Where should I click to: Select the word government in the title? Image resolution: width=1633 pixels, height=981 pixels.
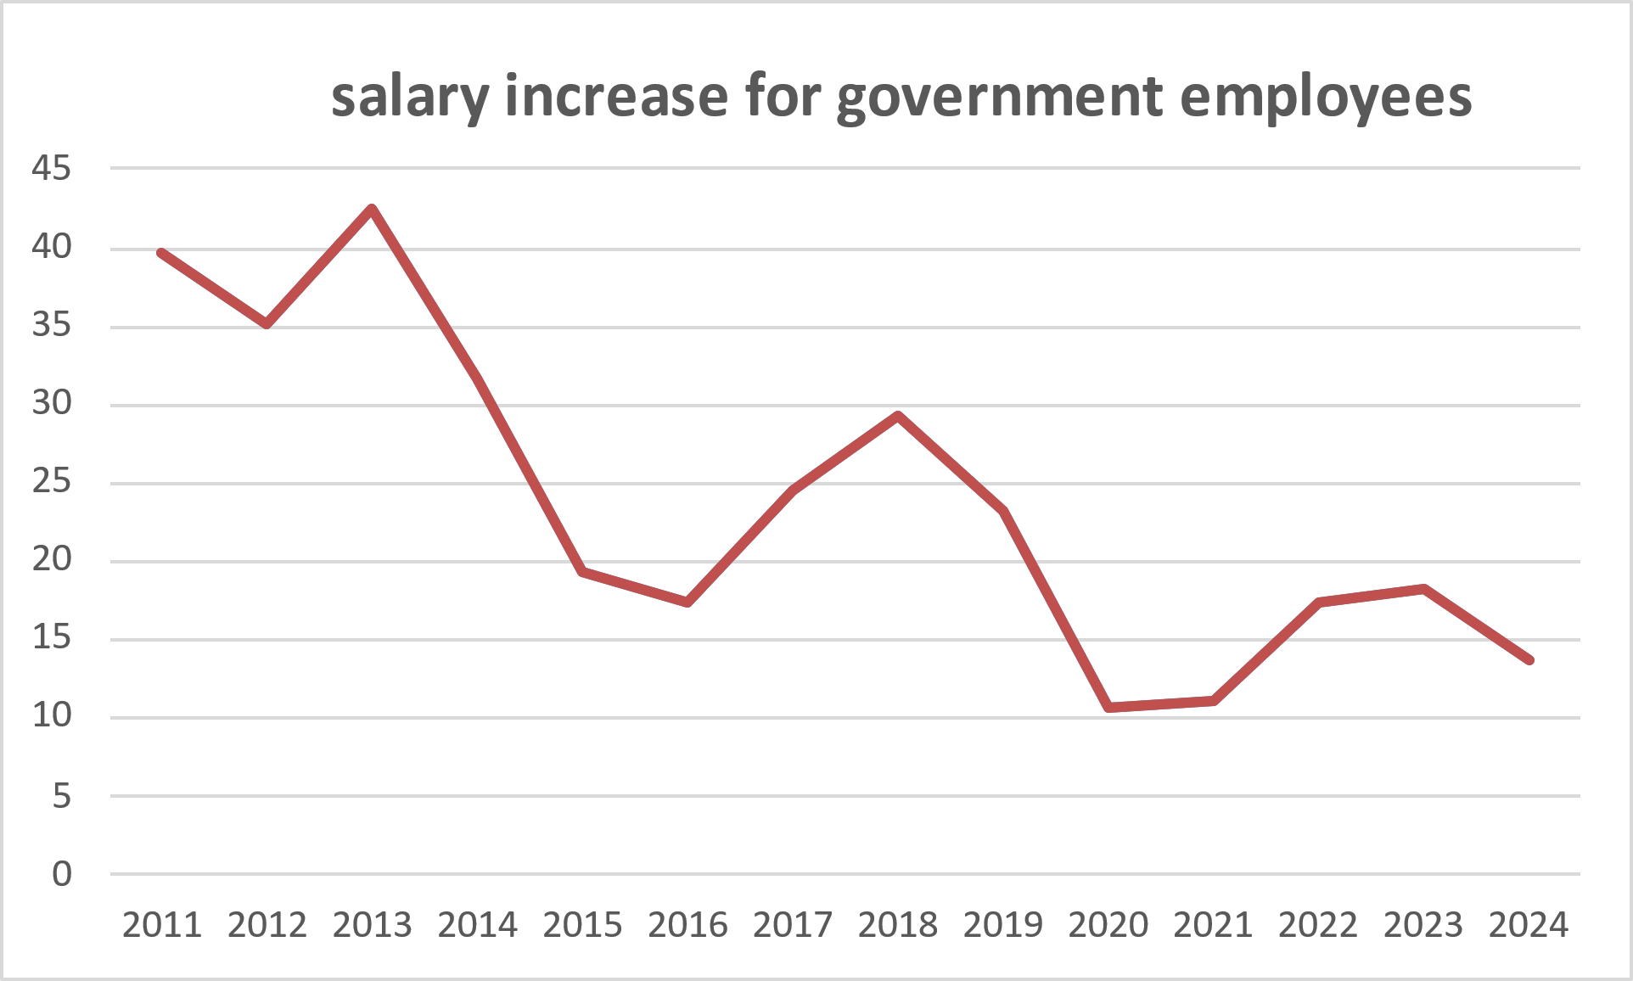pyautogui.click(x=998, y=97)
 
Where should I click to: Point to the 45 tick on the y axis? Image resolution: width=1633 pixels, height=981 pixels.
pyautogui.click(x=52, y=169)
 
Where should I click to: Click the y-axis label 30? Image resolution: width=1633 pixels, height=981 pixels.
pyautogui.click(x=52, y=403)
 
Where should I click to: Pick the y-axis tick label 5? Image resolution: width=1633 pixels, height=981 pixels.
pyautogui.click(x=61, y=796)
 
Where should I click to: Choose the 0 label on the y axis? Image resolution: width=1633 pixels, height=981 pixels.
pyautogui.click(x=61, y=874)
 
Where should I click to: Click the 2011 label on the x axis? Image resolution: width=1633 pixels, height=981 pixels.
pyautogui.click(x=162, y=925)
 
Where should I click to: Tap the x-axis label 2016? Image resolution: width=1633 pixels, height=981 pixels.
pyautogui.click(x=687, y=925)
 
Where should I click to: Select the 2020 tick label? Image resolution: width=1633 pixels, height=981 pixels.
pyautogui.click(x=1108, y=925)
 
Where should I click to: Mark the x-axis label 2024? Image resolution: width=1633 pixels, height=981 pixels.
pyautogui.click(x=1528, y=925)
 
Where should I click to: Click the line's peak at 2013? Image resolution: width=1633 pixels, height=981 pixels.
pyautogui.click(x=372, y=209)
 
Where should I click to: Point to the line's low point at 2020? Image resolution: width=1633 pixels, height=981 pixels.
pyautogui.click(x=1108, y=707)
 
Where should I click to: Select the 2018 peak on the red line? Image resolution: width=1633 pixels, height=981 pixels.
pyautogui.click(x=898, y=415)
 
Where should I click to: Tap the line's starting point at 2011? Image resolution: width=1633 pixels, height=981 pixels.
pyautogui.click(x=161, y=253)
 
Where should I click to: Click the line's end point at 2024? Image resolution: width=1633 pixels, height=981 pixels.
pyautogui.click(x=1529, y=659)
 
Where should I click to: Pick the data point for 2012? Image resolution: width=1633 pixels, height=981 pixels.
pyautogui.click(x=267, y=323)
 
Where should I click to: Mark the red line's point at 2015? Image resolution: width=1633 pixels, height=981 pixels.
pyautogui.click(x=582, y=572)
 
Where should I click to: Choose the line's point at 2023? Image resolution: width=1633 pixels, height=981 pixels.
pyautogui.click(x=1423, y=589)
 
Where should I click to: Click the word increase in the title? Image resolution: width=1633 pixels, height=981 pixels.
pyautogui.click(x=616, y=97)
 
